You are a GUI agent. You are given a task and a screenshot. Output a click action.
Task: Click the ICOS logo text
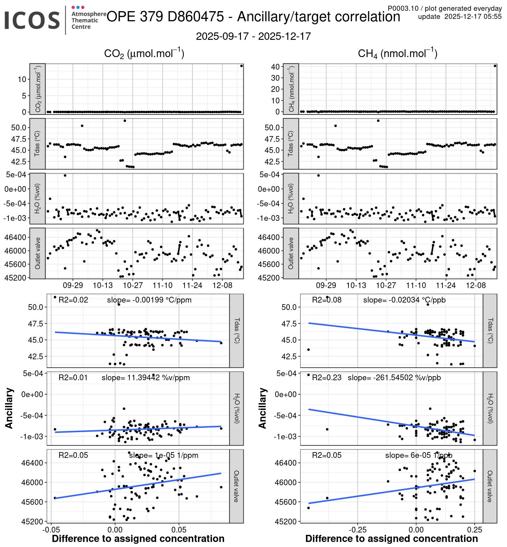[x=32, y=20]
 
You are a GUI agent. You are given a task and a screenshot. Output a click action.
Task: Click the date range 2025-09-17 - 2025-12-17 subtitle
[x=253, y=36]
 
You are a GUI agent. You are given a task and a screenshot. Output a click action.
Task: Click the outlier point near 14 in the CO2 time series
[x=241, y=66]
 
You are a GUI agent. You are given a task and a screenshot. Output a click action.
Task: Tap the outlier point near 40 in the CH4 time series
[x=495, y=66]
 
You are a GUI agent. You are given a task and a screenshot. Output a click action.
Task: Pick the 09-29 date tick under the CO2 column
[x=73, y=285]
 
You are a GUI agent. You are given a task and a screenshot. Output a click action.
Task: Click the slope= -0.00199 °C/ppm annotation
[x=149, y=300]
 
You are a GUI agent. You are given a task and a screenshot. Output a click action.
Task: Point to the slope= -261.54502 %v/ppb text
[x=394, y=377]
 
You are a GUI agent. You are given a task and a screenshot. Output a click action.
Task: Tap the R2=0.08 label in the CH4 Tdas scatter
[x=327, y=300]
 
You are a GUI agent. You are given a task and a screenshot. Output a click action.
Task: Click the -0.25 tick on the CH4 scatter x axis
[x=358, y=529]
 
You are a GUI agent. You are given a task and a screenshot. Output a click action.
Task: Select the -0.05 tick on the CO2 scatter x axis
[x=51, y=529]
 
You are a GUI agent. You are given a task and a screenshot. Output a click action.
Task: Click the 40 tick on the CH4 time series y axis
[x=275, y=67]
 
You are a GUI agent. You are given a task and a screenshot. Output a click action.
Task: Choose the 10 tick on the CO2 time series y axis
[x=22, y=79]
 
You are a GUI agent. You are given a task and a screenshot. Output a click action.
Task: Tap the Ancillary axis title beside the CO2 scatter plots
[x=9, y=408]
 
